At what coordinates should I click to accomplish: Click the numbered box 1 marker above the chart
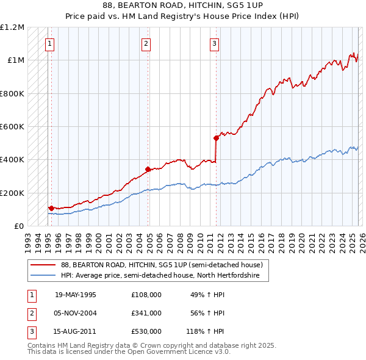click(x=49, y=43)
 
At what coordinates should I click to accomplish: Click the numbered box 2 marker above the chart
click(x=146, y=43)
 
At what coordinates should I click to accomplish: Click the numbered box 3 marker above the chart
click(x=215, y=43)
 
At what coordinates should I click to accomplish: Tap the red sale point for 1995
click(x=51, y=208)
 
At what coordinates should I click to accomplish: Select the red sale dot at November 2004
click(x=148, y=169)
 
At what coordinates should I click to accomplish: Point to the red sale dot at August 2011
click(x=216, y=138)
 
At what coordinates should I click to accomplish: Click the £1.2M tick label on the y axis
click(x=12, y=27)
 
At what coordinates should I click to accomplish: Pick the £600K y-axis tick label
click(x=12, y=127)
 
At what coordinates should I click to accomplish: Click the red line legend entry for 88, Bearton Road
click(x=162, y=265)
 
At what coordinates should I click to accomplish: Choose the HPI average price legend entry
click(x=160, y=276)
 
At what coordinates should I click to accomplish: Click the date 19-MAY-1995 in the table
click(x=76, y=295)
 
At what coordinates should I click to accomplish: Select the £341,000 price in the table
click(x=146, y=313)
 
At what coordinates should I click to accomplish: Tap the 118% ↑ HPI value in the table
click(x=205, y=331)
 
